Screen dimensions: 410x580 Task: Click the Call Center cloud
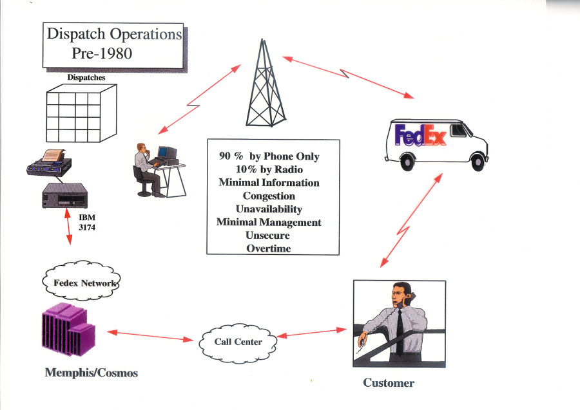[238, 340]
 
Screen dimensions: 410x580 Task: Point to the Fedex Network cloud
[82, 283]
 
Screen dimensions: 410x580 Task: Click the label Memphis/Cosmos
[91, 373]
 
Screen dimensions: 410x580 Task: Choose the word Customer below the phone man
[389, 383]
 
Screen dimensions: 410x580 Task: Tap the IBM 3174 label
[87, 222]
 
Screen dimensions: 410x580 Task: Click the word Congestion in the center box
[269, 196]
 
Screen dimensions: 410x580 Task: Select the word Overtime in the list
[269, 248]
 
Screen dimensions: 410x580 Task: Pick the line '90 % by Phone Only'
[269, 156]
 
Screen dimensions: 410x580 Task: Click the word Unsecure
[269, 236]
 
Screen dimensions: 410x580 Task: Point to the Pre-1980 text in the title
[102, 53]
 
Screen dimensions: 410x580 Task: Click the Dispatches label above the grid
[86, 78]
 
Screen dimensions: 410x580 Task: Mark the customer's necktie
[400, 328]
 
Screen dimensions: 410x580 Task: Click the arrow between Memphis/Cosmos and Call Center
[151, 335]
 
